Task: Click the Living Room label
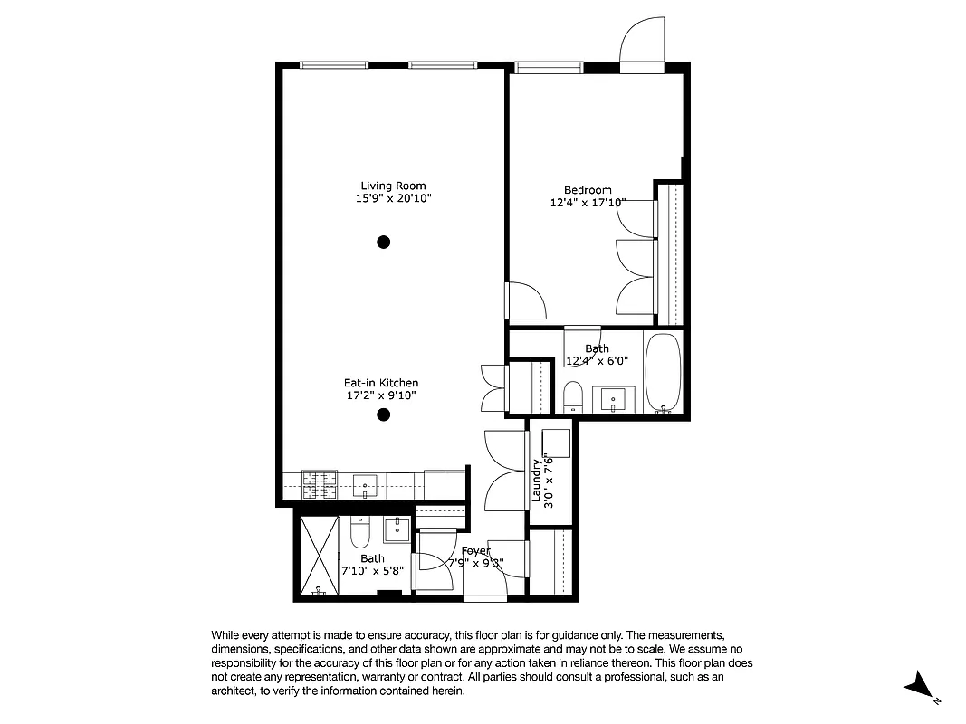point(393,186)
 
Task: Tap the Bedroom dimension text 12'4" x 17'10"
point(588,203)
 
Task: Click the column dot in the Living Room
point(384,242)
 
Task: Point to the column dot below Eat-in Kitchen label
point(384,415)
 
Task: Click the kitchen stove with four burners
point(319,485)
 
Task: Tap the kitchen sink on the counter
point(366,485)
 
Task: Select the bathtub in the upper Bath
point(664,372)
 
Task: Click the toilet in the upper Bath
point(573,395)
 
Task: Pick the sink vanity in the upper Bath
point(614,398)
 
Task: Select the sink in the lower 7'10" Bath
point(397,529)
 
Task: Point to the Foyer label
point(475,550)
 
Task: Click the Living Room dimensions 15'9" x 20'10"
point(393,198)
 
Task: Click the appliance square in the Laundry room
point(555,443)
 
